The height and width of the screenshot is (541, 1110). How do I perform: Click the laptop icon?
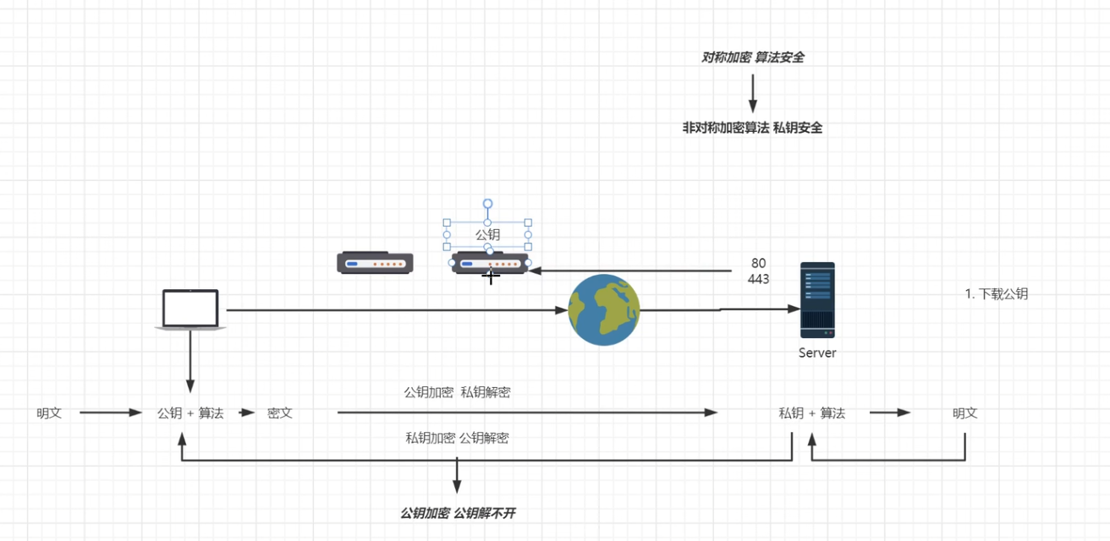point(190,309)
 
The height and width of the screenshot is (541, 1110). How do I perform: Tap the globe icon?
point(603,310)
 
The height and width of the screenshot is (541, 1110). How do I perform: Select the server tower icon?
point(817,300)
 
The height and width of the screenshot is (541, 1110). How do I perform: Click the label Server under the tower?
point(817,353)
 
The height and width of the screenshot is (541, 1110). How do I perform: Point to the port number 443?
point(759,279)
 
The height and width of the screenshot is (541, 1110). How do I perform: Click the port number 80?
point(759,264)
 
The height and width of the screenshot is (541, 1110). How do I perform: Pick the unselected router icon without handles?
point(375,263)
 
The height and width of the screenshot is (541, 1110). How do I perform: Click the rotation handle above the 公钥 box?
point(487,204)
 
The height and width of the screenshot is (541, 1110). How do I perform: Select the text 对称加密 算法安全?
point(752,57)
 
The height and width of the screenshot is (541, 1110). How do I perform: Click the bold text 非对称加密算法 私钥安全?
point(752,128)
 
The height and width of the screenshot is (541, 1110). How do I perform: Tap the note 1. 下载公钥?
point(997,294)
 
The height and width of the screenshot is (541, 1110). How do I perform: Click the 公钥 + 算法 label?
point(190,413)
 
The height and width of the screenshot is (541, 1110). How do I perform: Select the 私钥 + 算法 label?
point(812,413)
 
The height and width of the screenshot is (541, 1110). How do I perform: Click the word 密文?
point(280,413)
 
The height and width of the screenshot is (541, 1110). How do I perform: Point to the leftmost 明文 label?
point(49,413)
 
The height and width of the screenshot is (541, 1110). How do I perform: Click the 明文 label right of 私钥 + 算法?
point(965,413)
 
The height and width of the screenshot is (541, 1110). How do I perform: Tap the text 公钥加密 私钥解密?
point(457,392)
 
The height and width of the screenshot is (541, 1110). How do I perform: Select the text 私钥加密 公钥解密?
point(457,438)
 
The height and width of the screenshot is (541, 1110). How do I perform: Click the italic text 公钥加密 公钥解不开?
point(457,513)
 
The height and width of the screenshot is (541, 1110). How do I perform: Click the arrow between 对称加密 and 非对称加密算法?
point(752,93)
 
